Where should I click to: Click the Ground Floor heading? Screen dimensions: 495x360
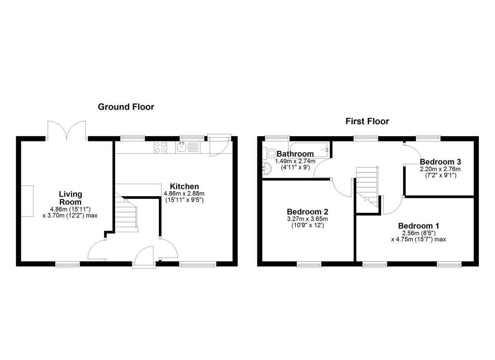tap(126, 107)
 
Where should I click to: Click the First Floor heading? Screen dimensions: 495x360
tap(367, 121)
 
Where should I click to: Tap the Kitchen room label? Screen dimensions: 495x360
tap(184, 186)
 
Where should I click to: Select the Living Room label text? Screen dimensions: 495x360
tap(71, 198)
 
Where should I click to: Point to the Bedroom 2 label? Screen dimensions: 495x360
tap(307, 212)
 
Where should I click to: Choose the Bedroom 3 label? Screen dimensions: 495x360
tap(440, 162)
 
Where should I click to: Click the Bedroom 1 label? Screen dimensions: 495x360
tap(419, 226)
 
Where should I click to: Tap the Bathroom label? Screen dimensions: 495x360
tap(295, 154)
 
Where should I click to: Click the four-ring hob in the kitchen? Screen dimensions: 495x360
tap(160, 147)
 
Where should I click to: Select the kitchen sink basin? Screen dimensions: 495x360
tap(182, 147)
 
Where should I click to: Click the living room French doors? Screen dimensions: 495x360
tap(67, 131)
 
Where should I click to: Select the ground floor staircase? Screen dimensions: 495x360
tap(126, 212)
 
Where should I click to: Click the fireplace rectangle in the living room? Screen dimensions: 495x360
tap(27, 201)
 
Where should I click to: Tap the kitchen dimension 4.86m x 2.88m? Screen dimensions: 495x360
tap(184, 194)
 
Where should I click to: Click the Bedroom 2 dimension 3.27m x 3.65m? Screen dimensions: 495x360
tap(307, 219)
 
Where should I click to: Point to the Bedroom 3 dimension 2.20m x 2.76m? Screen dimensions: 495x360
tap(440, 169)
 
